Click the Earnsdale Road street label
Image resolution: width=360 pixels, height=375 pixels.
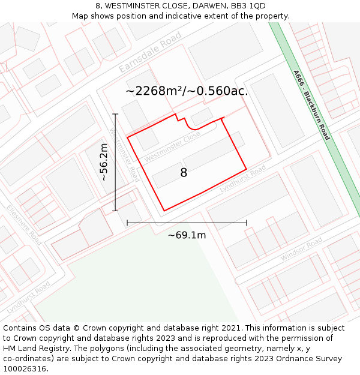point(149,53)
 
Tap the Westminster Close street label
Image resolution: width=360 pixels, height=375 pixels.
point(172,147)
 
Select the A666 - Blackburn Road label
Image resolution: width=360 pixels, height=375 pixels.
point(311,105)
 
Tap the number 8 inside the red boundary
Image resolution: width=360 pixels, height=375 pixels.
point(184,173)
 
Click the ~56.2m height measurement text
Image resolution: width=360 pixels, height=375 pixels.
point(104,162)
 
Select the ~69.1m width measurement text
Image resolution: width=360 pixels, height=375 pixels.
point(187,235)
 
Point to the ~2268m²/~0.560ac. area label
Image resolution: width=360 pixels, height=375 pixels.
point(187,91)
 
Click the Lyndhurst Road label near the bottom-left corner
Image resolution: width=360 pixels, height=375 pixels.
point(28,298)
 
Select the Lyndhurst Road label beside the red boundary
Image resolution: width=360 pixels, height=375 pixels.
point(242,179)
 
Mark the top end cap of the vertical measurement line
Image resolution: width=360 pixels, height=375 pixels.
point(115,114)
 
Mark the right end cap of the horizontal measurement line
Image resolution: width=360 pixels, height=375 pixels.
point(246,223)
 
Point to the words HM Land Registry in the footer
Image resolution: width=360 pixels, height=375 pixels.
point(32,348)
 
